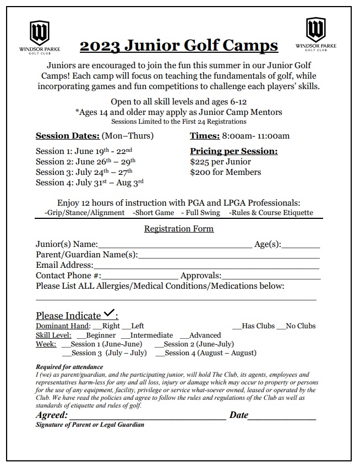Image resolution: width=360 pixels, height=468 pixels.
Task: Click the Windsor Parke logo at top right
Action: pos(315,34)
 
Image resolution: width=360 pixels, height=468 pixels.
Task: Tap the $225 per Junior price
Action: pos(220,162)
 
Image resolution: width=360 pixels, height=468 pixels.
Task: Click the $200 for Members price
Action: pos(225,172)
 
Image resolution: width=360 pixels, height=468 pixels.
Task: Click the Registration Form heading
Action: pos(179,229)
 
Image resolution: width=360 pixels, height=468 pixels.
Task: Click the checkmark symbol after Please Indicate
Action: pos(109,314)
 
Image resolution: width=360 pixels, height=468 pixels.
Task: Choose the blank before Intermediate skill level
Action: pos(125,336)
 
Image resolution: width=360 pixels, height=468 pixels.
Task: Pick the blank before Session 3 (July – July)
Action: pos(67,354)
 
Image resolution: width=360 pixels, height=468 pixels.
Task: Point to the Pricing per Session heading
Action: pos(233,151)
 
